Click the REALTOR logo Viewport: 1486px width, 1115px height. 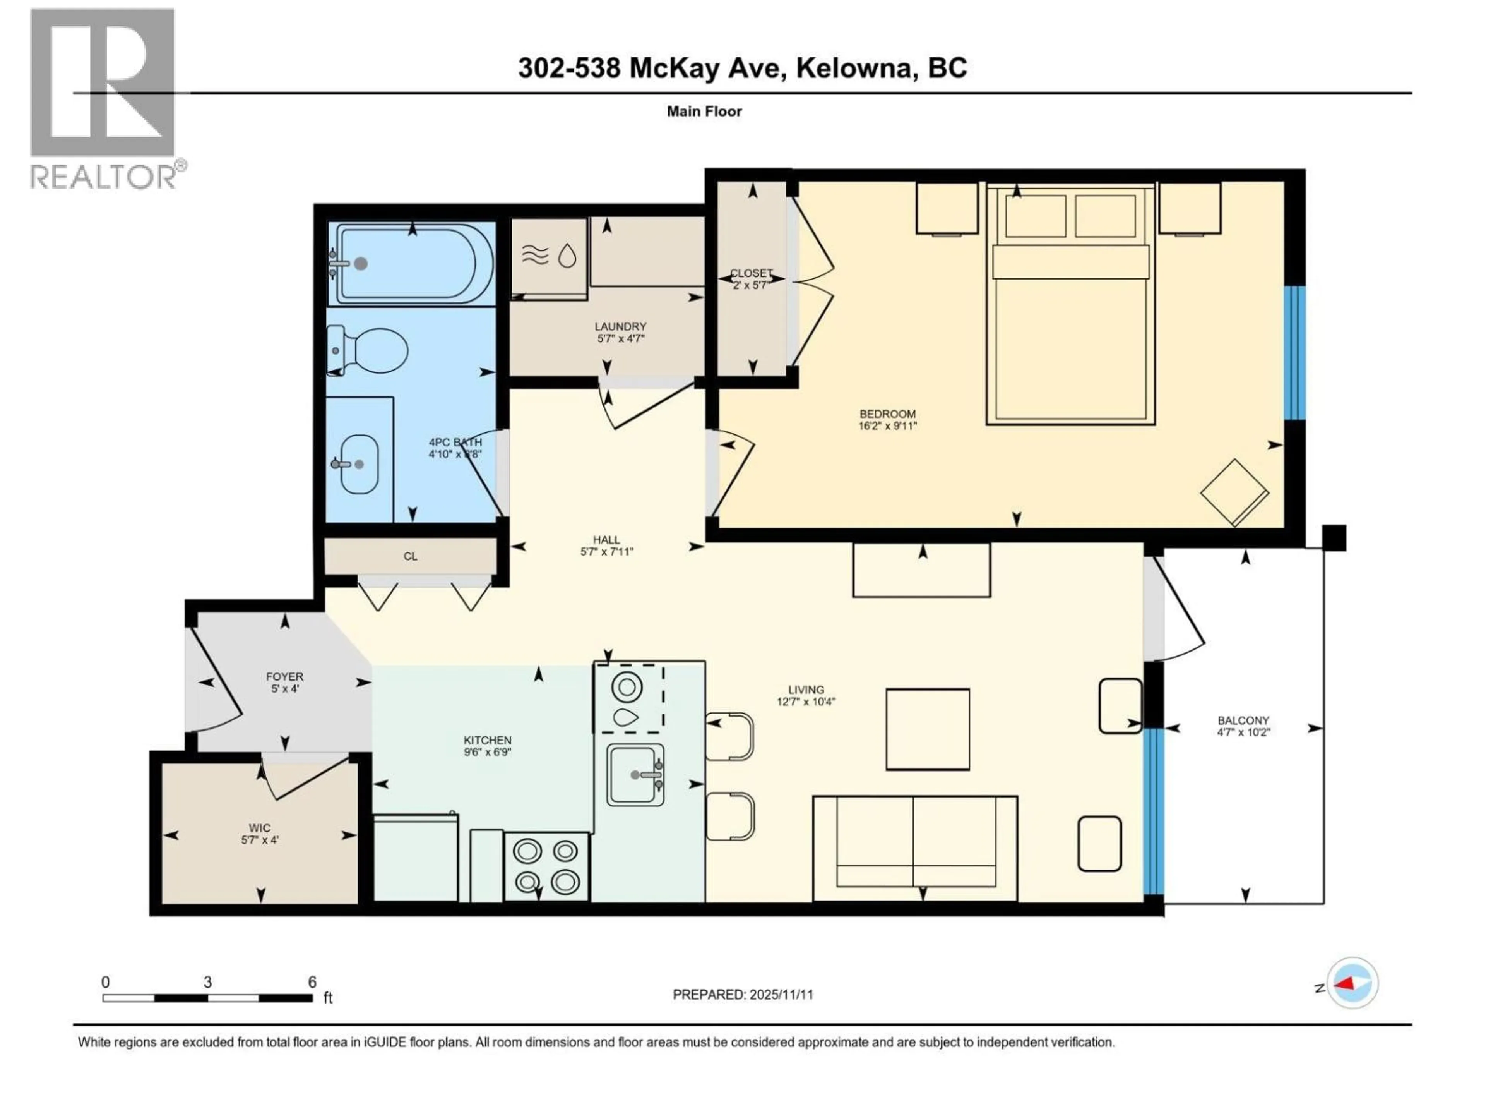(x=104, y=98)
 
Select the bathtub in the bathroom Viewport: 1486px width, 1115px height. (x=411, y=264)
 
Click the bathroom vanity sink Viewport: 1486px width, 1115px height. (x=358, y=464)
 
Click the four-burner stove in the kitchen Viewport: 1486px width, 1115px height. (x=546, y=866)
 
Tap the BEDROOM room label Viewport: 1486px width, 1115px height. (x=887, y=414)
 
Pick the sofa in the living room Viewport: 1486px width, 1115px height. (x=915, y=848)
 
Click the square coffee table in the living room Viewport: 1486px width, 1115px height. (x=927, y=729)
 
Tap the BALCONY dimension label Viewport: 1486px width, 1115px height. (x=1243, y=732)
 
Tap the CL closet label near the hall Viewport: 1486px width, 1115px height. (x=411, y=556)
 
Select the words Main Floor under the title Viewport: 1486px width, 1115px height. (x=704, y=111)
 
